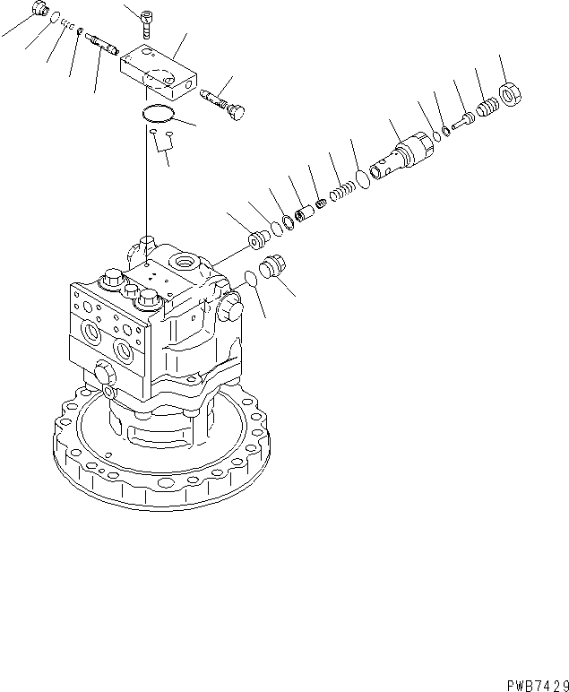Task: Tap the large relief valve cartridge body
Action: [401, 157]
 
